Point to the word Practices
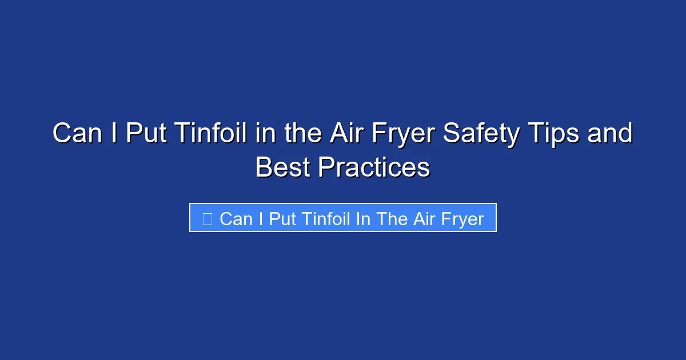click(374, 167)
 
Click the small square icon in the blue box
click(208, 218)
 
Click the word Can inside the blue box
click(236, 218)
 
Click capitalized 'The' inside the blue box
click(392, 218)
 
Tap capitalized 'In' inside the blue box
click(363, 218)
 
